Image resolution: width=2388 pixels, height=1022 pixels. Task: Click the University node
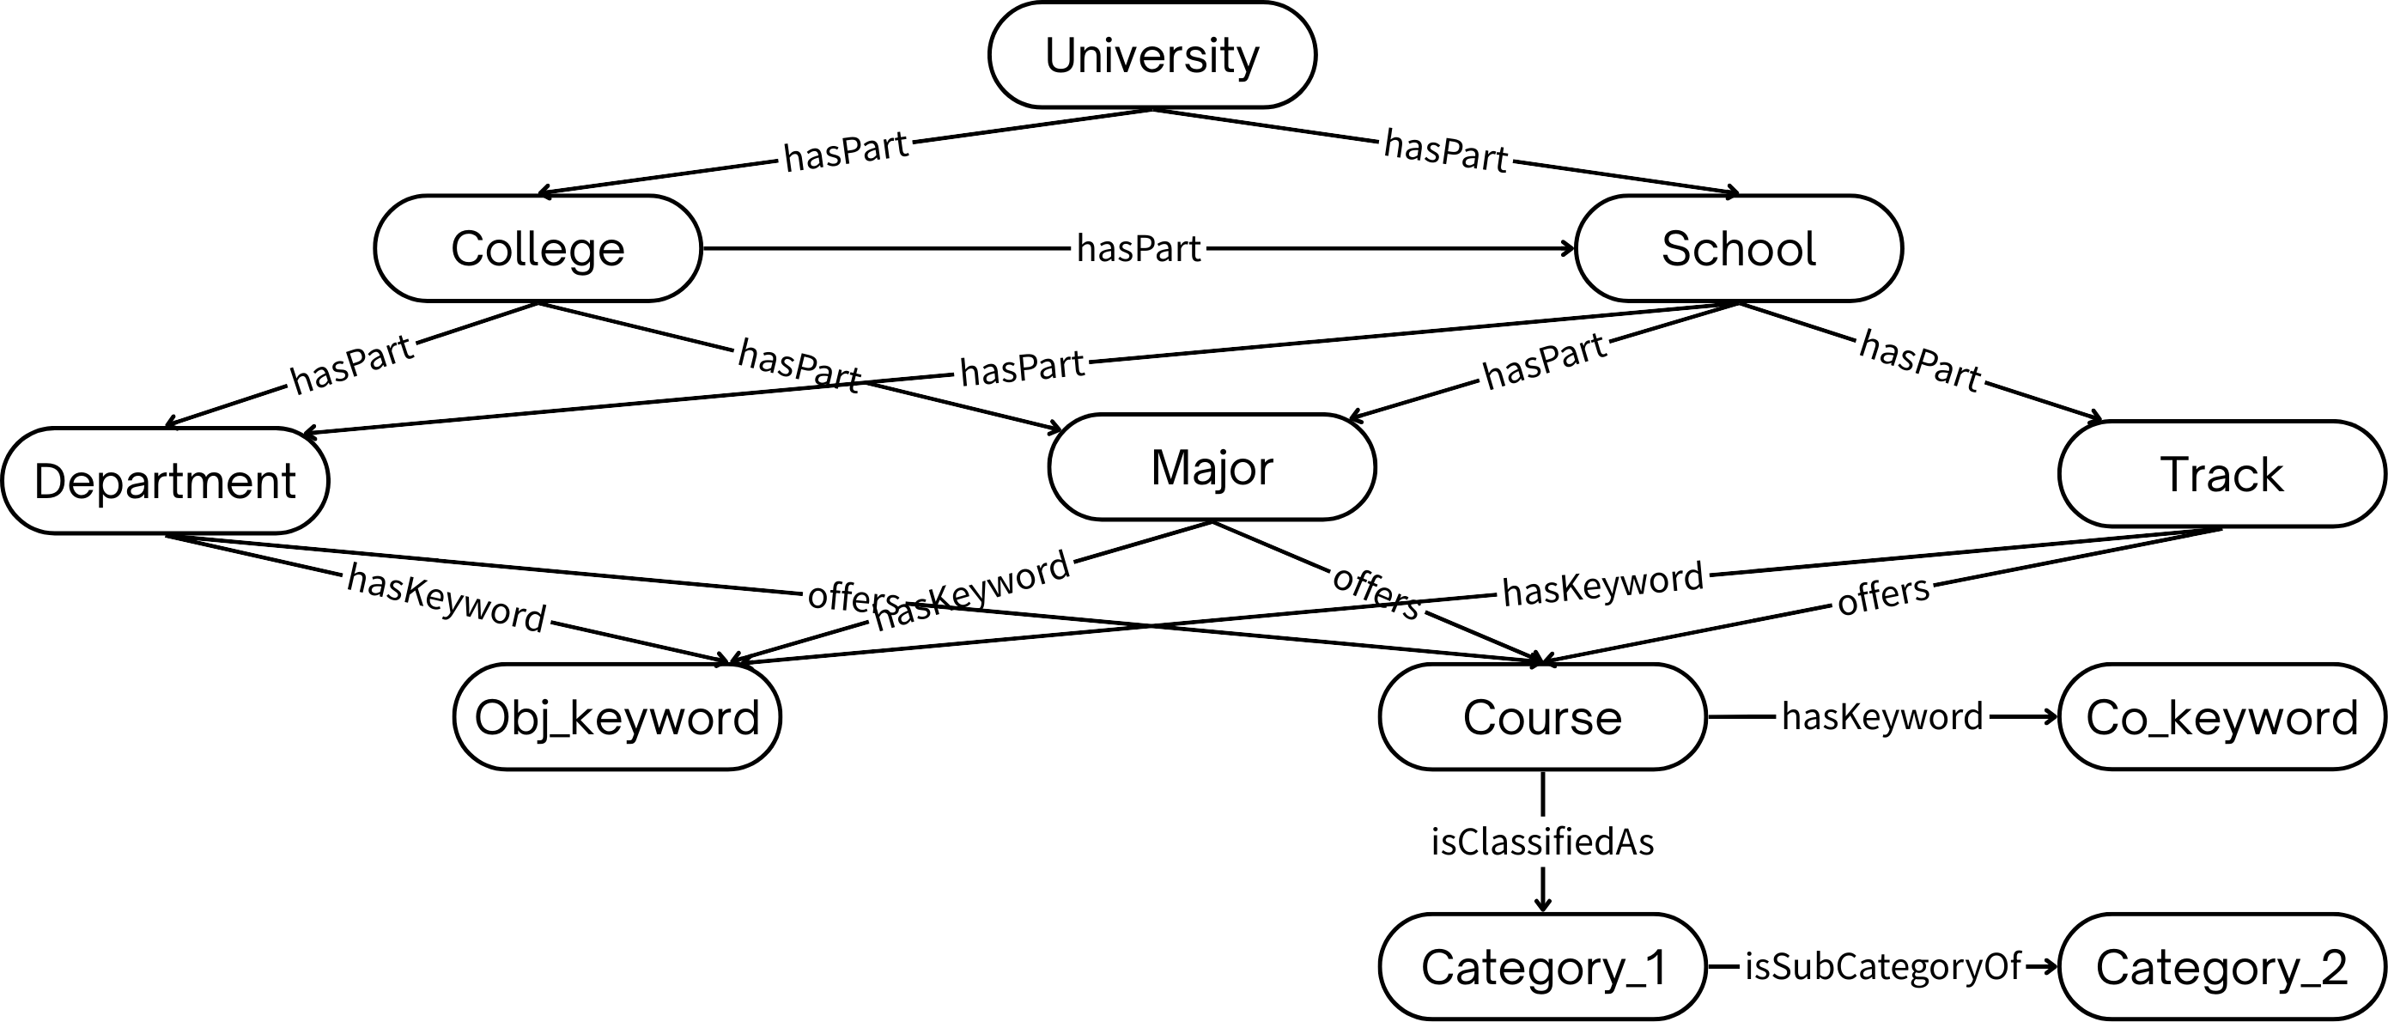1152,56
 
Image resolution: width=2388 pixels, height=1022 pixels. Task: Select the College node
538,248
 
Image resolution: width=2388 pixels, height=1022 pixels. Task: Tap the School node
1739,248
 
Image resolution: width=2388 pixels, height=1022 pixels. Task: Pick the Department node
165,481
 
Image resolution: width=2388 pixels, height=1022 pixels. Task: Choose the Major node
1212,467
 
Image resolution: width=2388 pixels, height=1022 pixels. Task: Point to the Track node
2222,475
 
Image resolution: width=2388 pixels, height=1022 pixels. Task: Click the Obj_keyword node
617,717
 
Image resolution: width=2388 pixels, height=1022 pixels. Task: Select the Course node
1542,717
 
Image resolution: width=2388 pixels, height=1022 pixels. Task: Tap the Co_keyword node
2222,717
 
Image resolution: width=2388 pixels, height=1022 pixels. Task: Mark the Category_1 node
1542,967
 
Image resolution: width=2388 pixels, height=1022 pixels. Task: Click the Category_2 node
2222,967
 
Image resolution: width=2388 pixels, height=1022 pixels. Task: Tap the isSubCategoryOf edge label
1882,966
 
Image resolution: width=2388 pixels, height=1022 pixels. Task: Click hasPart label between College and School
1139,248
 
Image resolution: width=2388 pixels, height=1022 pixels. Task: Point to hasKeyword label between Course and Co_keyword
1882,716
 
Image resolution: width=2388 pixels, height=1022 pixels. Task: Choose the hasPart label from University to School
1446,151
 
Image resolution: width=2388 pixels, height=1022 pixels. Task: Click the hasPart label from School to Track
1920,361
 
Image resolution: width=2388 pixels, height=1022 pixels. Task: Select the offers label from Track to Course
1883,595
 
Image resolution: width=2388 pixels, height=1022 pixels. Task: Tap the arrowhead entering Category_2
2050,967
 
